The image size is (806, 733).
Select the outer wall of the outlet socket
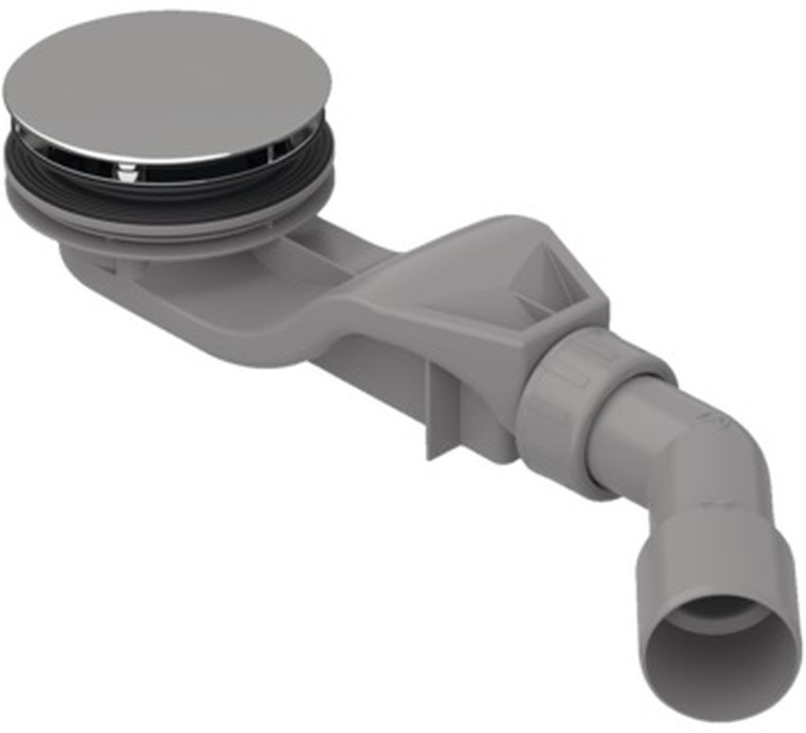[x=664, y=588]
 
